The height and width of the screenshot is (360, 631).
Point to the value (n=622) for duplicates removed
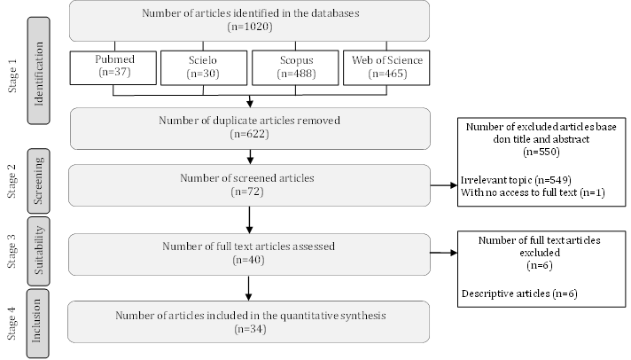(x=249, y=134)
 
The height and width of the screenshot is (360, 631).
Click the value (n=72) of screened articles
(x=249, y=191)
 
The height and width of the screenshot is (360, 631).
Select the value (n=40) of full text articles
(x=249, y=261)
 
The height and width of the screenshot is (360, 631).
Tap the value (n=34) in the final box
(x=249, y=328)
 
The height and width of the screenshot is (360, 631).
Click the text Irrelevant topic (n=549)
(x=509, y=180)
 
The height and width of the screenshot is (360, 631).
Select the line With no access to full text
(x=532, y=192)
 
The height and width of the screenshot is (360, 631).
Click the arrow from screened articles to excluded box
(x=443, y=185)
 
